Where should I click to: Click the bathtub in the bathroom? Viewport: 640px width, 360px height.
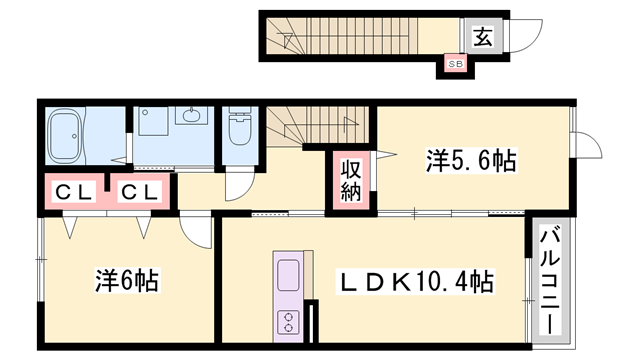click(x=66, y=136)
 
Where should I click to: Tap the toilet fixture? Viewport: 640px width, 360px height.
click(x=240, y=126)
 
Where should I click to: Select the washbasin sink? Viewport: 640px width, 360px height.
click(x=191, y=115)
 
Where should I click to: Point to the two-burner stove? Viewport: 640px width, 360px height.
click(x=288, y=322)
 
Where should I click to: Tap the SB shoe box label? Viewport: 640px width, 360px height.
click(x=456, y=64)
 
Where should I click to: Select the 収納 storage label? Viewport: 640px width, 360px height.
click(x=351, y=181)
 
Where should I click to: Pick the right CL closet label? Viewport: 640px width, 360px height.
click(x=140, y=192)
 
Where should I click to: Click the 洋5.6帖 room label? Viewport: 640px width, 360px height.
click(x=471, y=160)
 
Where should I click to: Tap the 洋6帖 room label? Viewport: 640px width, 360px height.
click(x=127, y=280)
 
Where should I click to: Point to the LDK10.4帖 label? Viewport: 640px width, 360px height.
click(x=415, y=282)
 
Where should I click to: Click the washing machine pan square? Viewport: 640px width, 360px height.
click(x=153, y=121)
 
